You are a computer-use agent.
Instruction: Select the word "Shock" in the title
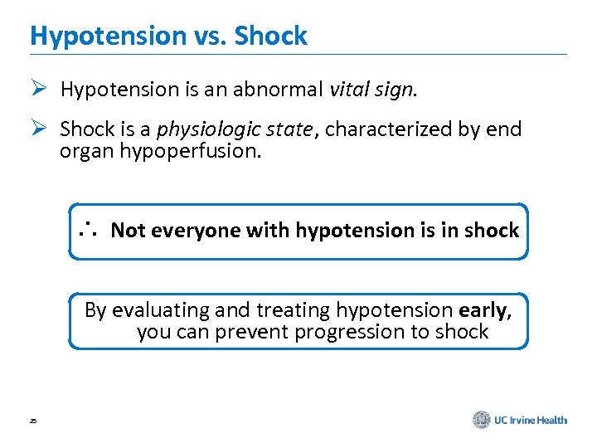pos(270,36)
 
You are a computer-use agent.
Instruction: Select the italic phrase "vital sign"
pos(370,90)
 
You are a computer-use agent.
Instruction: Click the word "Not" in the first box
pos(128,231)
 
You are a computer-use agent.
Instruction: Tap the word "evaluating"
pos(160,310)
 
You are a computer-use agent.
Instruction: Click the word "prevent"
pos(246,332)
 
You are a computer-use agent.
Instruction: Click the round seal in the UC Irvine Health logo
pos(481,420)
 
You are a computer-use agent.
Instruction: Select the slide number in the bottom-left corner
pos(32,421)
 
